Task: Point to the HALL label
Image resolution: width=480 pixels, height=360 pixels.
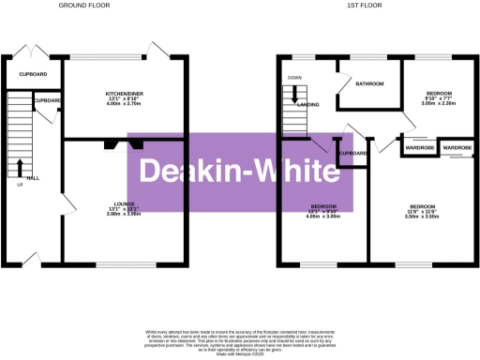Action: tap(35, 177)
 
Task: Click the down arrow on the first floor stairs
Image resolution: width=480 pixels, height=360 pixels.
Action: tap(295, 93)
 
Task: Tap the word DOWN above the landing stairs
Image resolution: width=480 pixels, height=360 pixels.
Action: tap(294, 78)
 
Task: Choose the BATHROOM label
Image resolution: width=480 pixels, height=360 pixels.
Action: tap(369, 83)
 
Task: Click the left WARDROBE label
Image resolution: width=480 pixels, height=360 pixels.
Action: tap(419, 147)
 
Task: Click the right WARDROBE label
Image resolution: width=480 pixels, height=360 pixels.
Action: tap(457, 147)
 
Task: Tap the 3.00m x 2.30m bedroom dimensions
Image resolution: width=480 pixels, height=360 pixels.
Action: tap(439, 104)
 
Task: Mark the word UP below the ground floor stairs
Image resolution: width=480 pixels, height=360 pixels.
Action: tap(20, 184)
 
